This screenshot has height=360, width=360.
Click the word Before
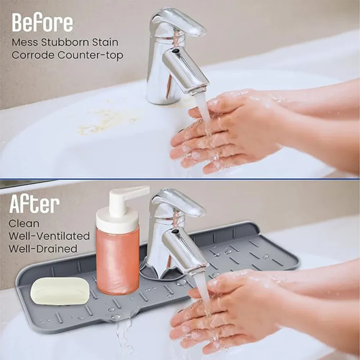(x=42, y=22)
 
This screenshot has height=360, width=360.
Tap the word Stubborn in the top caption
(x=66, y=42)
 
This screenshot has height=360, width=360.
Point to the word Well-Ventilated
(x=49, y=236)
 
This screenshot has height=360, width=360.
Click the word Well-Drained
(x=43, y=249)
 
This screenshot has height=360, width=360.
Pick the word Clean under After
(x=24, y=224)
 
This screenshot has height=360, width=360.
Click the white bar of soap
(x=60, y=291)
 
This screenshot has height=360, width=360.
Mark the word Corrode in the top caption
(x=33, y=55)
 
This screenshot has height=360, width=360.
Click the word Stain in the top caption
(x=106, y=42)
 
